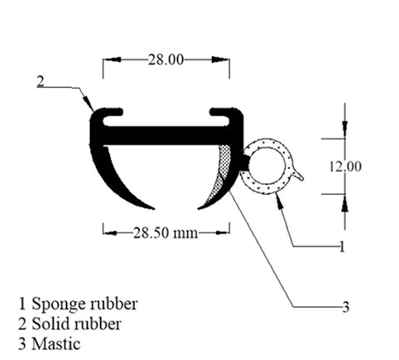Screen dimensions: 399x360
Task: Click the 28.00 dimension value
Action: (x=166, y=60)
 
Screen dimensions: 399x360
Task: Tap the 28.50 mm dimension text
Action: (x=166, y=233)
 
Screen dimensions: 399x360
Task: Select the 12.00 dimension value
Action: (x=345, y=166)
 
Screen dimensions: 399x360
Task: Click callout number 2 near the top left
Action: (x=41, y=81)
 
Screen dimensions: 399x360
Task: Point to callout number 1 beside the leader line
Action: (x=342, y=246)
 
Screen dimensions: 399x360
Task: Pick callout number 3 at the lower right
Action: (x=345, y=307)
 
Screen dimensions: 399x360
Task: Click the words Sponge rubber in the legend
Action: (x=85, y=304)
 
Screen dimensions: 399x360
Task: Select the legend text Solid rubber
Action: (x=76, y=324)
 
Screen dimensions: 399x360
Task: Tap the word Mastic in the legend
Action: (x=56, y=344)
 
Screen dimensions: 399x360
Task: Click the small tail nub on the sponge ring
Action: (x=298, y=175)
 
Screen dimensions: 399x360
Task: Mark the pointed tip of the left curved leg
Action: (x=154, y=209)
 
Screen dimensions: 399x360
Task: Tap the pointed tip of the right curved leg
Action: (x=198, y=209)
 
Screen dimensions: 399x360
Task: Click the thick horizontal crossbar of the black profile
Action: (x=167, y=136)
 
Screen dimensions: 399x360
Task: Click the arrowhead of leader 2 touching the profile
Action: (x=89, y=105)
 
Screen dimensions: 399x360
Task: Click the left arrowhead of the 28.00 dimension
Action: (x=112, y=60)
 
